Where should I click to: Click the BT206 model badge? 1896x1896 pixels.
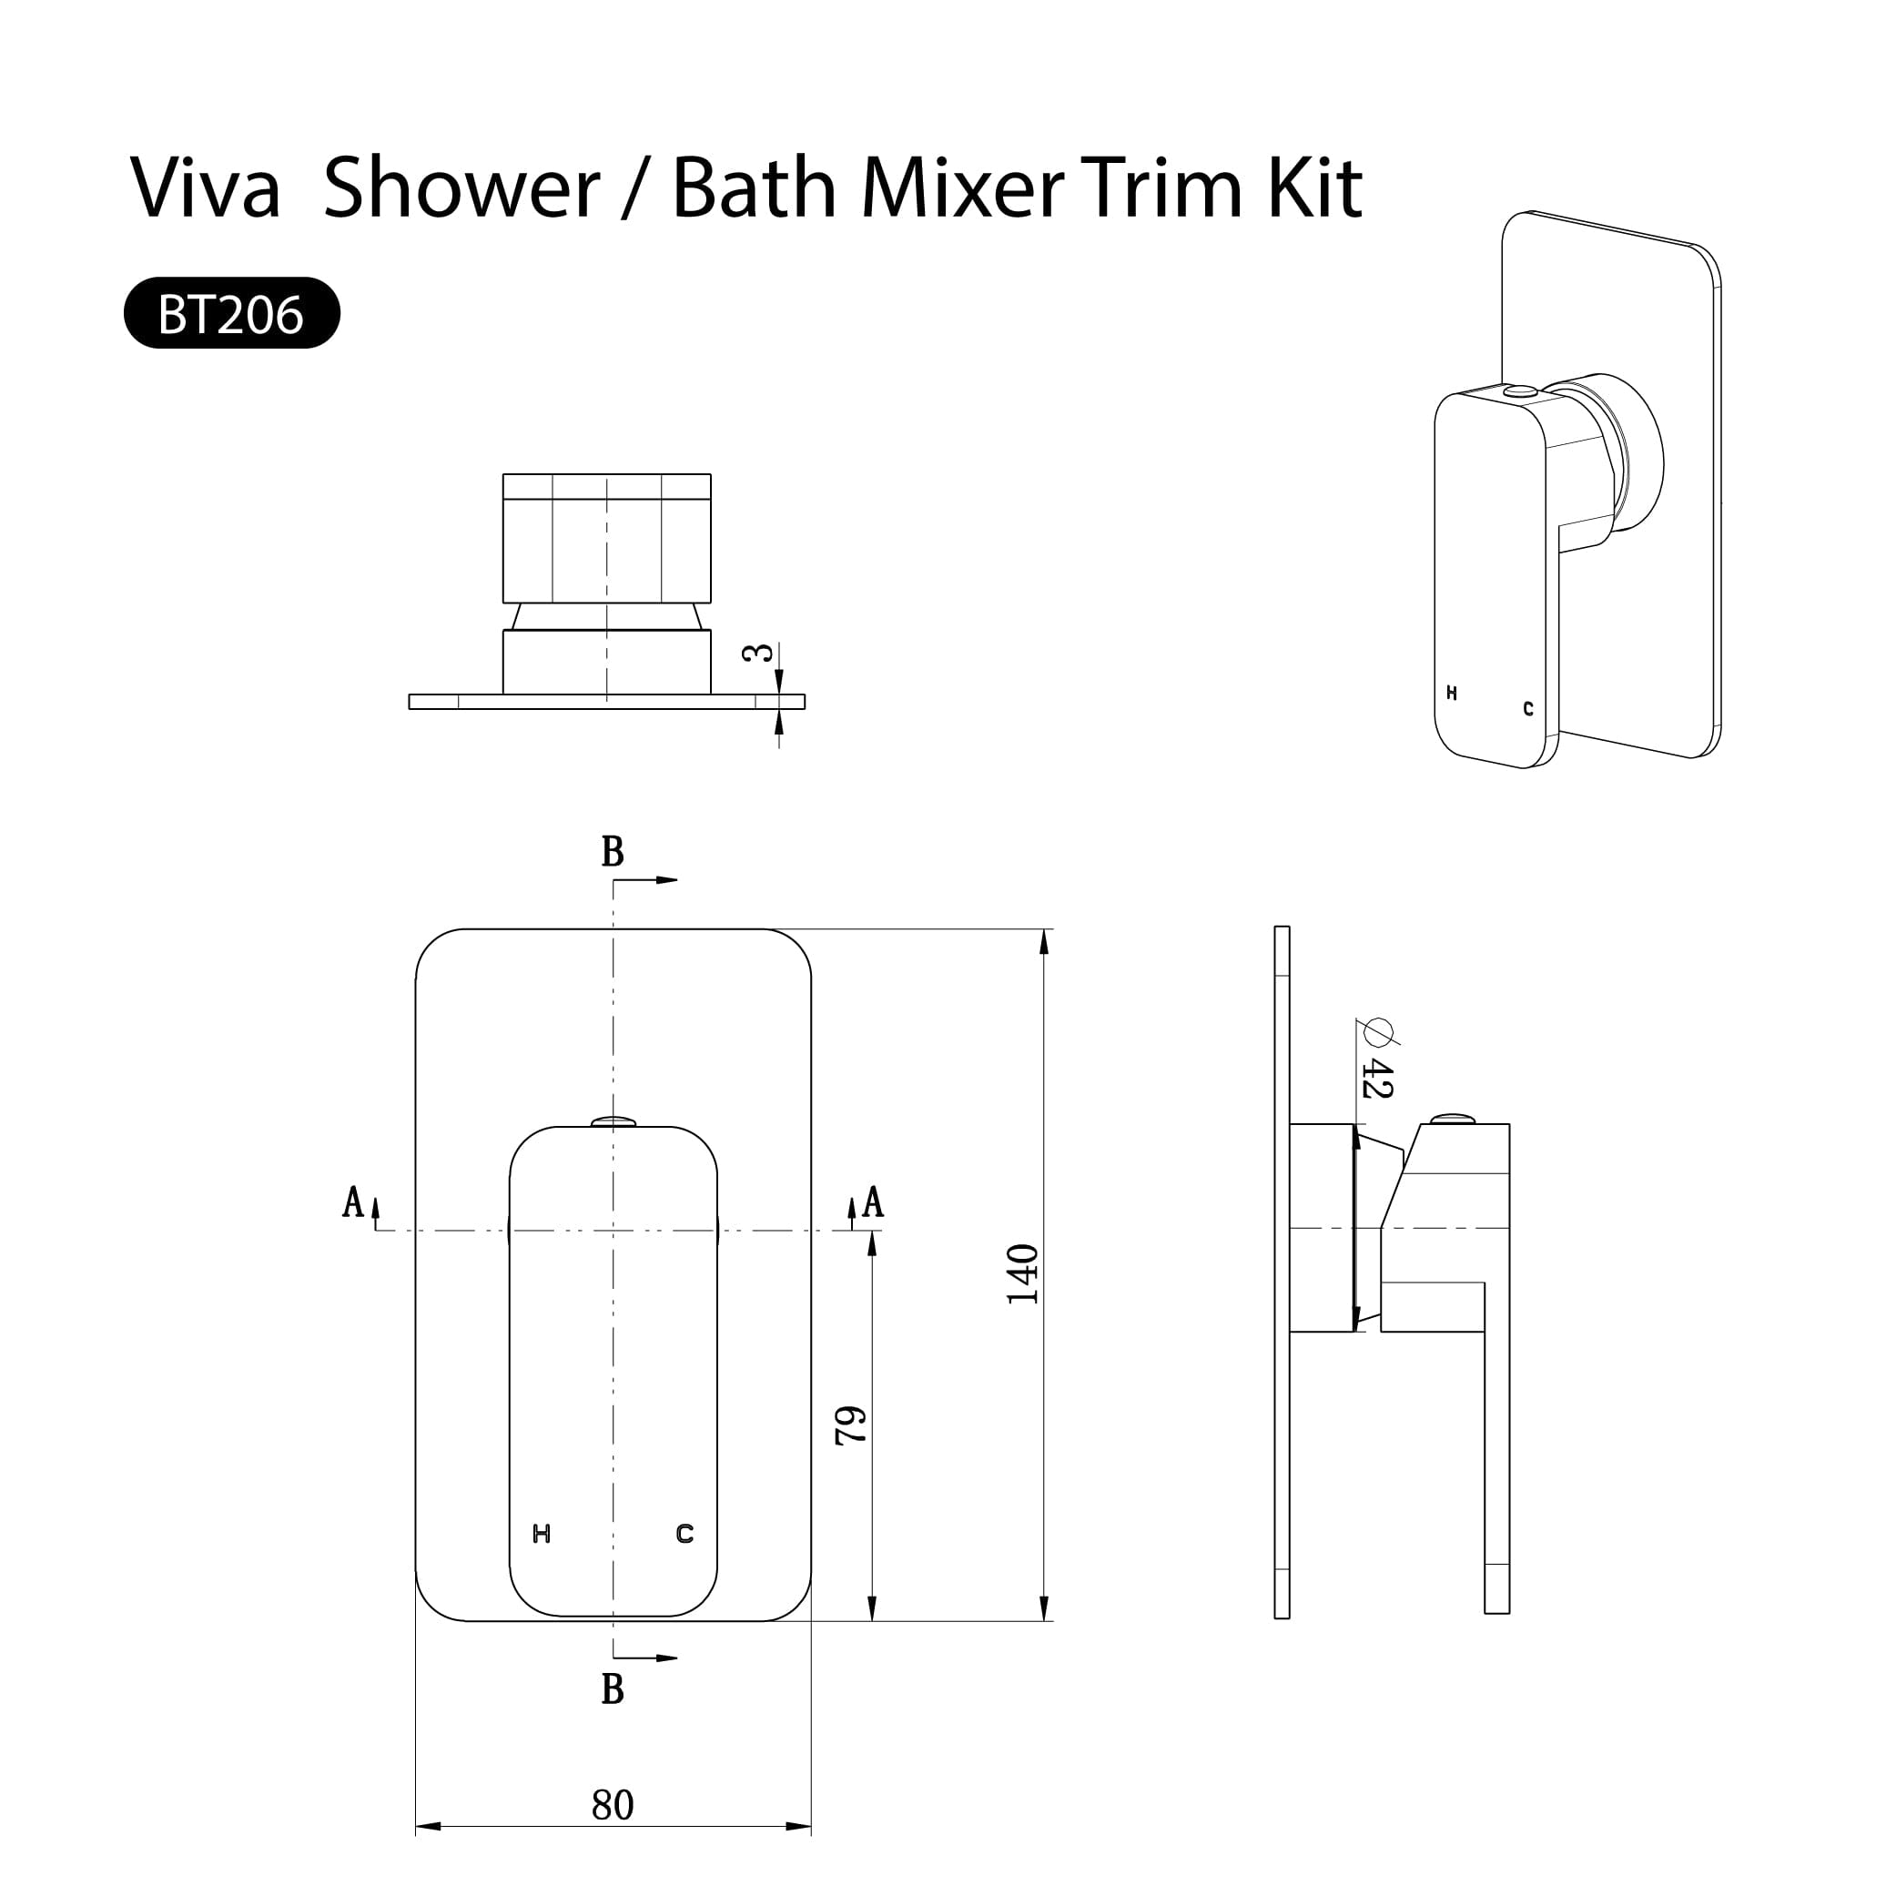coord(231,313)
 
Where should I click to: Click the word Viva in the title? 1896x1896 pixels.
coord(205,187)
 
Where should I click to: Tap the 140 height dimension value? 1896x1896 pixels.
coord(1022,1273)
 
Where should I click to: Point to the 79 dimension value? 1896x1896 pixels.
coord(851,1425)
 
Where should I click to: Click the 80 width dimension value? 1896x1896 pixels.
coord(613,1804)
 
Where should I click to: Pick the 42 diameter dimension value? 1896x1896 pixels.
coord(1377,1078)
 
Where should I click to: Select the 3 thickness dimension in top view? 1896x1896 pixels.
coord(758,653)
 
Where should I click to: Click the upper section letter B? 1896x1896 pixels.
coord(613,852)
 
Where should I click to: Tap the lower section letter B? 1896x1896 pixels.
coord(613,1689)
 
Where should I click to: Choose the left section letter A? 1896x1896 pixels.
coord(353,1201)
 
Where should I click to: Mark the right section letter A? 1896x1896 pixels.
coord(872,1201)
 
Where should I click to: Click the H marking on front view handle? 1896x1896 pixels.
coord(541,1533)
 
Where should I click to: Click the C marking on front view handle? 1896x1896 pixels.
coord(685,1533)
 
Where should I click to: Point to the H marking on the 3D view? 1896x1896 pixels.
coord(1452,693)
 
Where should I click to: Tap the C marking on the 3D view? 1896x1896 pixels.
coord(1528,708)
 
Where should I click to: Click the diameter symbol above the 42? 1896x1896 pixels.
coord(1379,1031)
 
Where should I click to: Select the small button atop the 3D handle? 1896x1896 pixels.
coord(1521,390)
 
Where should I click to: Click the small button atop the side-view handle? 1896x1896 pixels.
coord(1453,1119)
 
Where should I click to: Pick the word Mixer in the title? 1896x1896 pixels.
coord(963,187)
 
